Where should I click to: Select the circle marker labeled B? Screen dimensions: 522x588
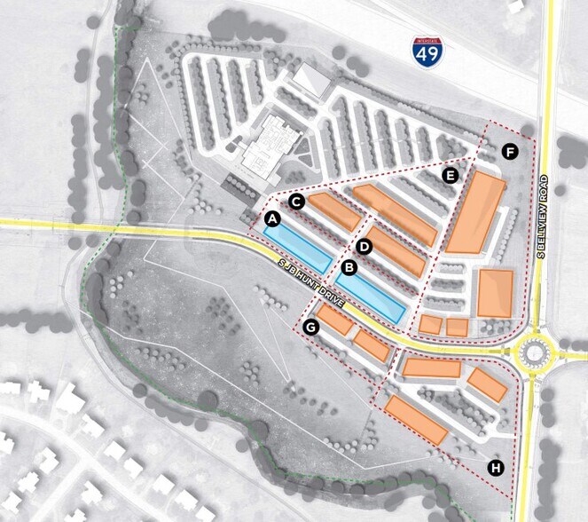tap(349, 265)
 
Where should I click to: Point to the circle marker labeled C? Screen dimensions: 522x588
tap(297, 202)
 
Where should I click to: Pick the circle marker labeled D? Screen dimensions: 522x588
tap(365, 244)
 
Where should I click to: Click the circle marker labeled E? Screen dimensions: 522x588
tap(451, 175)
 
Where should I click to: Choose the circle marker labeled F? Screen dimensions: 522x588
tap(510, 152)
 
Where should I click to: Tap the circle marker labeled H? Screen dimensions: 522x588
tap(495, 467)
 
